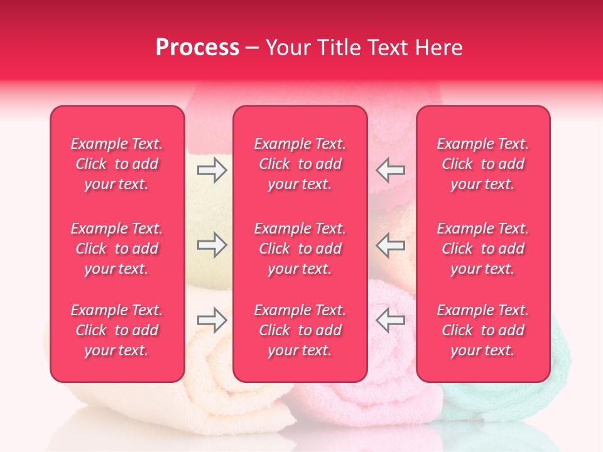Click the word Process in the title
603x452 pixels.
coord(197,48)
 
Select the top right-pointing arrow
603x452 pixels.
coord(212,170)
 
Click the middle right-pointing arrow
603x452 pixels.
coord(212,245)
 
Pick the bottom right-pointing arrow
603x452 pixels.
coord(212,320)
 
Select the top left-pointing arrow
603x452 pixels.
coord(391,170)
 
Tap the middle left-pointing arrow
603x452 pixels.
coord(391,245)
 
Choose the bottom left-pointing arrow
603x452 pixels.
coord(391,320)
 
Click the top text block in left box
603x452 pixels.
coord(117,164)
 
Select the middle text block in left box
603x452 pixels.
coord(117,249)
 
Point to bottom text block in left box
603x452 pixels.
coord(117,330)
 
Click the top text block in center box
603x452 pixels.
coord(300,164)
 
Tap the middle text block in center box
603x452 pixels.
coord(300,249)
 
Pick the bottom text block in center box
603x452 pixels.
coord(300,330)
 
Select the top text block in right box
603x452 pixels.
coord(482,164)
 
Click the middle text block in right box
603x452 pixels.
coord(482,249)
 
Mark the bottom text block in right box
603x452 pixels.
coord(482,330)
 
